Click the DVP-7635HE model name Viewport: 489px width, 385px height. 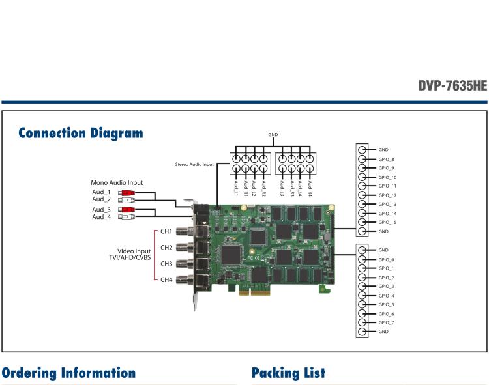452,86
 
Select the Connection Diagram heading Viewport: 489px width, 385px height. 80,134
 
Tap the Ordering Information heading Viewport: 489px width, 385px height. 68,373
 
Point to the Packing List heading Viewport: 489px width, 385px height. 288,373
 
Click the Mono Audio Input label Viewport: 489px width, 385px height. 117,183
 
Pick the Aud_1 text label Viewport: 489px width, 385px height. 102,192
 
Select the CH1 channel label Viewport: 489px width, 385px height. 166,231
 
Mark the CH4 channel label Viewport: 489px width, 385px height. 166,279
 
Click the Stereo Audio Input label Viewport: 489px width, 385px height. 194,165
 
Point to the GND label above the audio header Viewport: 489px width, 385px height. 273,135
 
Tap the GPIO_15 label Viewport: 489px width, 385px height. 387,223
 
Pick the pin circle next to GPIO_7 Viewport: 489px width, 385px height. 362,322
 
